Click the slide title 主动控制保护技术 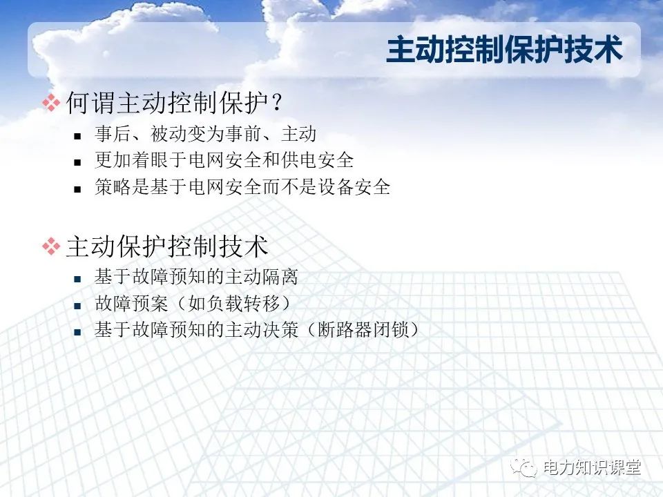(504, 51)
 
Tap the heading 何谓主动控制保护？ (174, 104)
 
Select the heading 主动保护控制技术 (167, 246)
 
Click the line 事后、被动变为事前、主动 (205, 135)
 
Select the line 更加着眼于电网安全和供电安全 (224, 161)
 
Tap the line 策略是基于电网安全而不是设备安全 (242, 187)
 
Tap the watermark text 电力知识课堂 (592, 468)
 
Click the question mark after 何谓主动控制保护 (276, 104)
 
